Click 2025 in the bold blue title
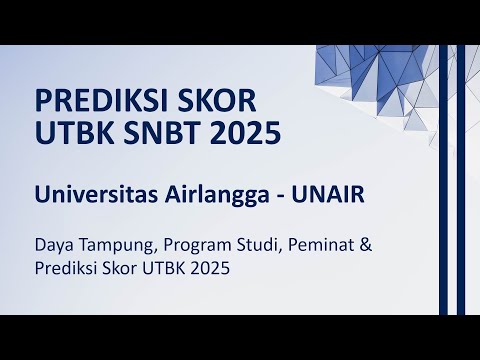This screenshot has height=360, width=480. point(251,132)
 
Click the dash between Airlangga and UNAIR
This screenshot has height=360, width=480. point(277,196)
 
